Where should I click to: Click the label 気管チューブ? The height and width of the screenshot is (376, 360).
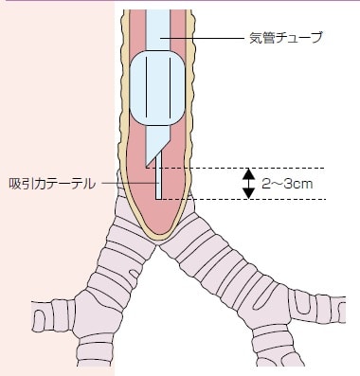tap(286, 38)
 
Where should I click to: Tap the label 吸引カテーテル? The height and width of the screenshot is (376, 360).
tap(52, 184)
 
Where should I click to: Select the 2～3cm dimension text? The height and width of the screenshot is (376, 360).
tap(287, 184)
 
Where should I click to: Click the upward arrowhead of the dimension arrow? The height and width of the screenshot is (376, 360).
tap(249, 173)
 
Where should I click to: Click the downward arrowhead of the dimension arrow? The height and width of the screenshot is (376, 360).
tap(249, 193)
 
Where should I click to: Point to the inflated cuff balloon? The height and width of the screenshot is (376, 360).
tap(157, 88)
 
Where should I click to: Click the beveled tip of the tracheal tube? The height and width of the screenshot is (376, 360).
tap(146, 166)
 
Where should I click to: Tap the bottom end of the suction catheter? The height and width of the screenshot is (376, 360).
tap(158, 199)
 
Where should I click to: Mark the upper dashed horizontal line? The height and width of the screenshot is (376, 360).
tap(235, 168)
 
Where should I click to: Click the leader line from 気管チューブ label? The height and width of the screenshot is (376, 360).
tap(203, 38)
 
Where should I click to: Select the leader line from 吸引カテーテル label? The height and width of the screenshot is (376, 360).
tap(130, 183)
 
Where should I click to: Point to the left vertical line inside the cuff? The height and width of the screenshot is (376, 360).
tap(146, 87)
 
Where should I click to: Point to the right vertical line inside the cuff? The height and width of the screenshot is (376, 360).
tap(170, 87)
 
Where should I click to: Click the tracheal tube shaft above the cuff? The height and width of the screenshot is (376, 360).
tap(158, 30)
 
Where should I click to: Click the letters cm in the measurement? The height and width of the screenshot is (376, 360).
tap(304, 185)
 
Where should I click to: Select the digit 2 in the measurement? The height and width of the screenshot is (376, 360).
tap(266, 184)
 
